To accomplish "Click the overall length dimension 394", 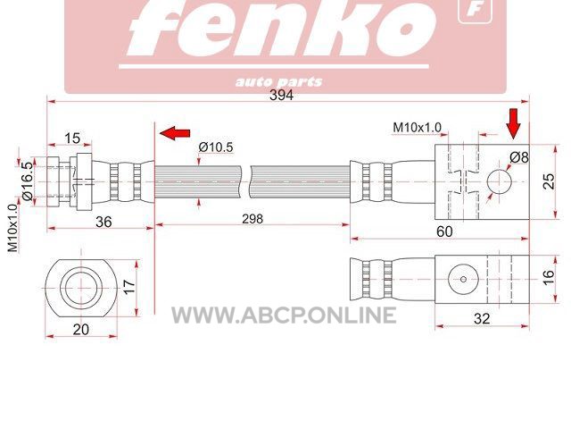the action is tap(281, 96).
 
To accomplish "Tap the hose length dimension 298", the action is tap(252, 219).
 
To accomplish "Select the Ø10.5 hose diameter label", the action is tap(216, 147).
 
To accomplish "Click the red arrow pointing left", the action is tap(175, 133).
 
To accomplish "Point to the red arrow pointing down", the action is tap(514, 123).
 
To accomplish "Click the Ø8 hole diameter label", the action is tap(519, 157).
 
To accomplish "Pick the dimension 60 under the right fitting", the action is tap(444, 231).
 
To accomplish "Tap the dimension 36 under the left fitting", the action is tap(103, 222).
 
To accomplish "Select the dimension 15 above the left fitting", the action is tap(72, 139).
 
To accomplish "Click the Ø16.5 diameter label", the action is tap(28, 181).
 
